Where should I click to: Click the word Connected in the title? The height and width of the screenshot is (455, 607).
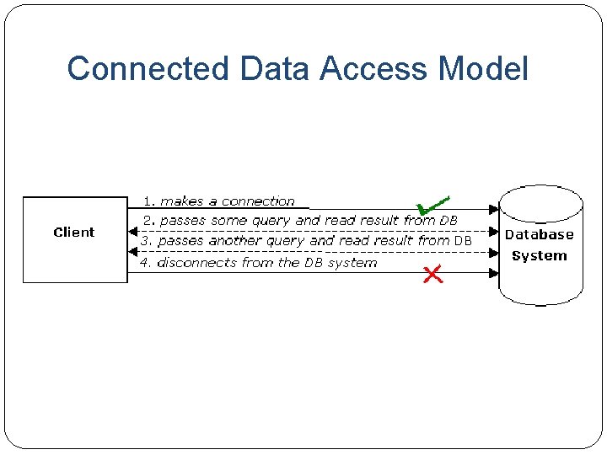click(x=148, y=68)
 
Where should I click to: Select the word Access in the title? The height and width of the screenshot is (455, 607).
click(x=373, y=68)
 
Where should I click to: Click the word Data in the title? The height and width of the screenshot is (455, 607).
click(x=275, y=68)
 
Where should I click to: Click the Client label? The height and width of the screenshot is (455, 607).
click(x=74, y=233)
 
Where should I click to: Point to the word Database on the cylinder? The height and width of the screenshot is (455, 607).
click(x=540, y=234)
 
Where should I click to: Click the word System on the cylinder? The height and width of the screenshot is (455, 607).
click(x=540, y=256)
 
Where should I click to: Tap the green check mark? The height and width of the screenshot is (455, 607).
click(x=432, y=205)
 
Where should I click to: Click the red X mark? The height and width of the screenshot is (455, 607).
click(x=432, y=275)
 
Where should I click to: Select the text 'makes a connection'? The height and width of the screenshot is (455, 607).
click(x=228, y=201)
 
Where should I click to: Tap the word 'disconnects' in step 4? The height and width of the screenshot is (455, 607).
click(x=196, y=263)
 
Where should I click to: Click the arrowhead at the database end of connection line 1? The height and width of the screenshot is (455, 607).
click(x=493, y=209)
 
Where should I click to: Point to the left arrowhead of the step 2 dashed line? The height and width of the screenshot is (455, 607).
click(x=133, y=232)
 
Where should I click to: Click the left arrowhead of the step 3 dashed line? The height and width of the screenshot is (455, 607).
click(x=133, y=252)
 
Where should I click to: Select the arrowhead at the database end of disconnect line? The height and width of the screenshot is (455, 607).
click(x=493, y=273)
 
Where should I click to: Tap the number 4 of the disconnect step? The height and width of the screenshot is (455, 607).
click(x=145, y=263)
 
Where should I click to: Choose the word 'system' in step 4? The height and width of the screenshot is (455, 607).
click(x=352, y=263)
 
